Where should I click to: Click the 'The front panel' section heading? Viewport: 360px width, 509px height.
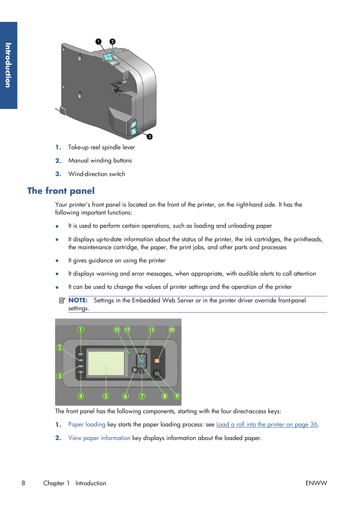61,191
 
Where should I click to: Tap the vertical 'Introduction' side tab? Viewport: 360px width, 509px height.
8,65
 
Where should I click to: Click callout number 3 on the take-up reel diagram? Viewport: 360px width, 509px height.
150,136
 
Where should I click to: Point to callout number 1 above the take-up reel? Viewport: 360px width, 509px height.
98,41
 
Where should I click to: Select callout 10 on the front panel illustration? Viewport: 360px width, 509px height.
172,330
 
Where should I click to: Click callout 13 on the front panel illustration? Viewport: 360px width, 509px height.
117,330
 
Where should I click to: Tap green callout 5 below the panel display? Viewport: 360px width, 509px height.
106,396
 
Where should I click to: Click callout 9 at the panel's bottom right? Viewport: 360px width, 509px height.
177,396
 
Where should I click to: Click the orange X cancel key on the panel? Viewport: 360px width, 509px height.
157,361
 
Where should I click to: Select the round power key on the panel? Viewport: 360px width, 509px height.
157,374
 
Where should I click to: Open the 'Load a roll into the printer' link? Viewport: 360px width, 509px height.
267,425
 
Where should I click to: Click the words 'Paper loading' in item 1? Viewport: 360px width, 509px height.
87,425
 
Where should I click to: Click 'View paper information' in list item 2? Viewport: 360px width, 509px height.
99,438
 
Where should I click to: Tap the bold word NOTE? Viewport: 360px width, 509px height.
78,300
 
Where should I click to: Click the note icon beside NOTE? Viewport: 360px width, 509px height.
62,300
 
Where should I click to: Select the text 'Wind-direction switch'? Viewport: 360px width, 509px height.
97,174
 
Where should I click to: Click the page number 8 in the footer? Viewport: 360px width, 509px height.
23,483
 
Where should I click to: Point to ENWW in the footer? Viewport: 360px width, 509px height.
316,483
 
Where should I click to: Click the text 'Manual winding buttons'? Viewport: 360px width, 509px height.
100,161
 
